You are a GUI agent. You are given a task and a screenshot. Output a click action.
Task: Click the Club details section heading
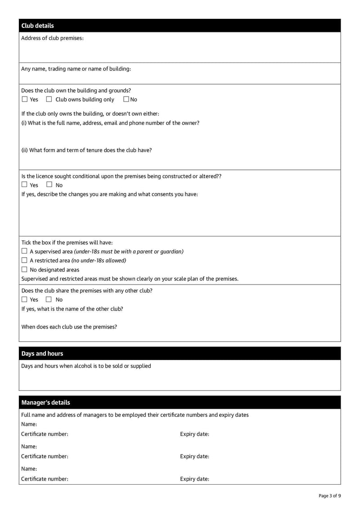[x=37, y=26]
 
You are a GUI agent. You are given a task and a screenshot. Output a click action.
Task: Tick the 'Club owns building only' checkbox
[x=49, y=99]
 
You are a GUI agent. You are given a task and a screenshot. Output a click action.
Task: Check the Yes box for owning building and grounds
[x=25, y=99]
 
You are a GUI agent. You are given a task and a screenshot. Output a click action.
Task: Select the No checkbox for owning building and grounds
[x=126, y=99]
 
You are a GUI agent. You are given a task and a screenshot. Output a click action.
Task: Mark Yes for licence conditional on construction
[x=25, y=185]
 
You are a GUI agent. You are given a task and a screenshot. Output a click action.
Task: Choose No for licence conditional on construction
[x=49, y=185]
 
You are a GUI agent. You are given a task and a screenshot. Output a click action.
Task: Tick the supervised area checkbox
[x=25, y=251]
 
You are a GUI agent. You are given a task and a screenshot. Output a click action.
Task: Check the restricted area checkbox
[x=25, y=260]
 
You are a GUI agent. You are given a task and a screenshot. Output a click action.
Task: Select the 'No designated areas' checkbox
[x=25, y=270]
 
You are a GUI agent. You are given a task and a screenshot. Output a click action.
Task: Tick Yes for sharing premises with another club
[x=25, y=299]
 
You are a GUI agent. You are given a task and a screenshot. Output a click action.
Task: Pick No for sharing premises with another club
[x=49, y=299]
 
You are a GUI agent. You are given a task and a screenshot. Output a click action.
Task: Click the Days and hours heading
[x=42, y=353]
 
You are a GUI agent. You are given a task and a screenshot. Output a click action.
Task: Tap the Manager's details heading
[x=45, y=402]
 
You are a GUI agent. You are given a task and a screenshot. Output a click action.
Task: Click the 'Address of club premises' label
[x=52, y=38]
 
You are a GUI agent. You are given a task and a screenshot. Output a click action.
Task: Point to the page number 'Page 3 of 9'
[x=329, y=496]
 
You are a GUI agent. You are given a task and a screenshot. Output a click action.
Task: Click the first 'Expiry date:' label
[x=194, y=434]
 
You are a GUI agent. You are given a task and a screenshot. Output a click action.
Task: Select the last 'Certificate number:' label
[x=45, y=479]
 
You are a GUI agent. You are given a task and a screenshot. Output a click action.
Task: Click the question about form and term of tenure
[x=86, y=150]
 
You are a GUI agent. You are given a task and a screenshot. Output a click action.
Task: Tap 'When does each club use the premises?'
[x=69, y=327]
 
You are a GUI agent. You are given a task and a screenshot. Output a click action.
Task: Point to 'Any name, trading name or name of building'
[x=76, y=69]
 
